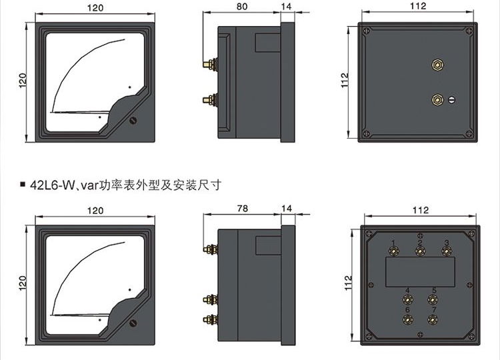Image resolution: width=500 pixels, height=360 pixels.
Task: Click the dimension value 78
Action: [x=242, y=209]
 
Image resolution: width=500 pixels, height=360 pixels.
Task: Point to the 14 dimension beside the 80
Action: [x=287, y=8]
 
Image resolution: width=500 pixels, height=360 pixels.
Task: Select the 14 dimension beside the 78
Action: [x=287, y=209]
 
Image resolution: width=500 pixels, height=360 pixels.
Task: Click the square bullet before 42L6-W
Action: [x=23, y=184]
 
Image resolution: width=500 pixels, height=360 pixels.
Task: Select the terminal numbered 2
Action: [x=420, y=251]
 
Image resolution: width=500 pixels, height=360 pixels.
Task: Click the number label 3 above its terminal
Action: [x=447, y=242]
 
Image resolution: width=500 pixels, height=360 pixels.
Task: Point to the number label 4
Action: [x=407, y=291]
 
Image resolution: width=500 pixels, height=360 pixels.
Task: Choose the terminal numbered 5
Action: [x=433, y=300]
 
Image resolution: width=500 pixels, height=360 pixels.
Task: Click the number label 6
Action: [x=407, y=310]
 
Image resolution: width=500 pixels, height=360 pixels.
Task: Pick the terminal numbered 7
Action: [x=433, y=319]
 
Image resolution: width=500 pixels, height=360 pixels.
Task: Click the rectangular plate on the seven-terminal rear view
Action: [x=421, y=273]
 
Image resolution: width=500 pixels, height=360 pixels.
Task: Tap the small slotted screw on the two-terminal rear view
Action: [x=451, y=100]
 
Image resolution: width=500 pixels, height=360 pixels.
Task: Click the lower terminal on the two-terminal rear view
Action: [x=437, y=100]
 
